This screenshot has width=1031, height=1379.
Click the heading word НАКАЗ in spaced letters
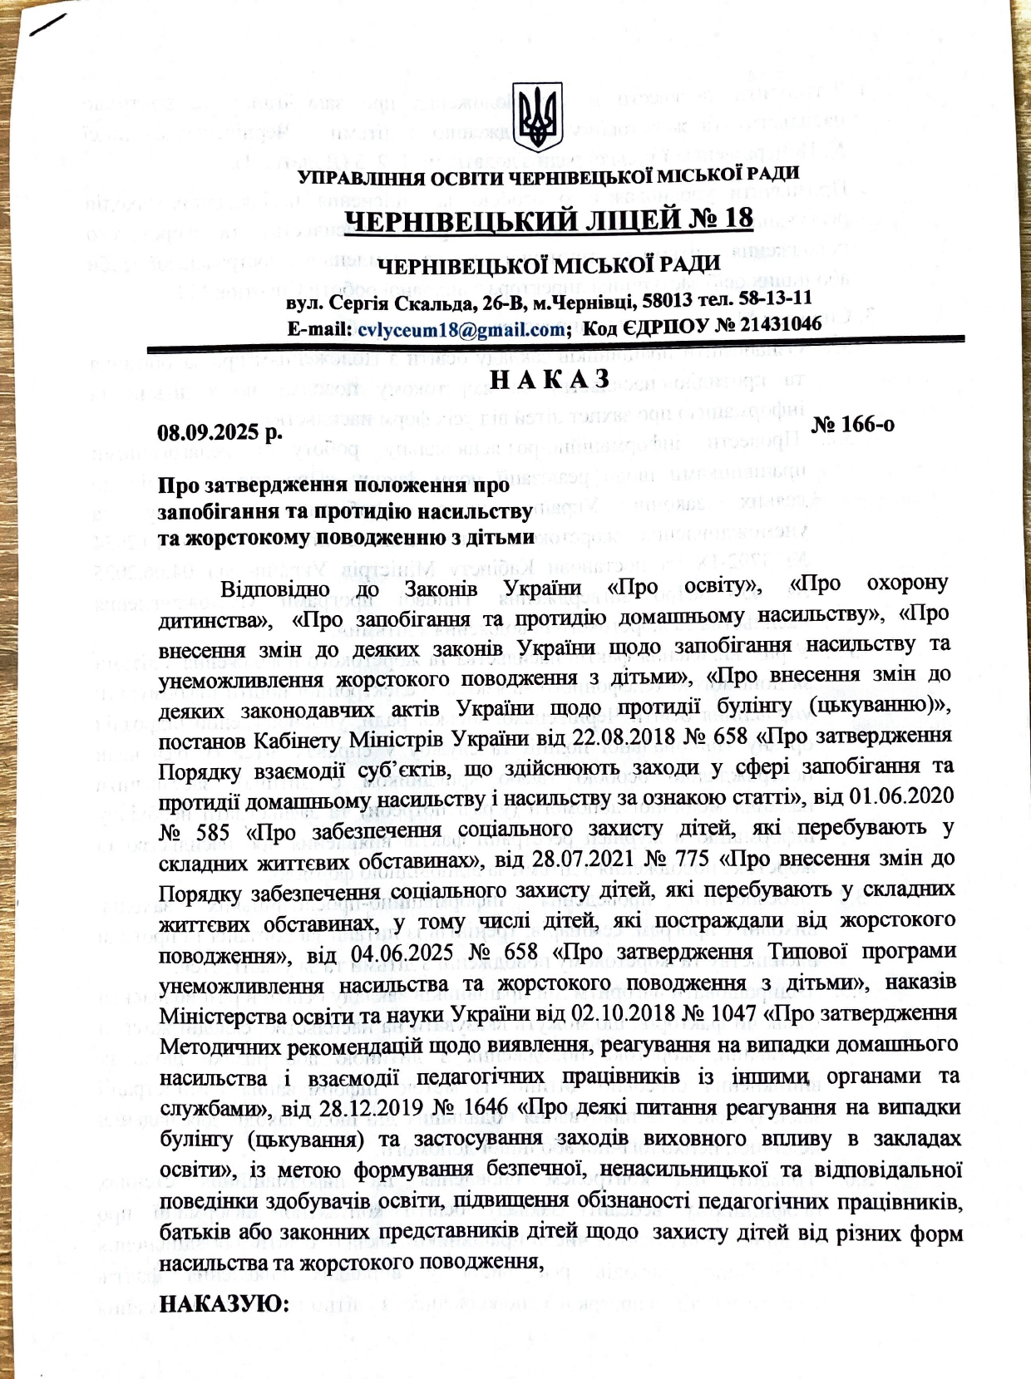[x=550, y=379]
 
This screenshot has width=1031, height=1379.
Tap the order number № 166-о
[x=852, y=424]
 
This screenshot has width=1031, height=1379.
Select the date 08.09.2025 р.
[x=220, y=432]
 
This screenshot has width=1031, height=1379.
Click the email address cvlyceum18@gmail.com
[x=461, y=329]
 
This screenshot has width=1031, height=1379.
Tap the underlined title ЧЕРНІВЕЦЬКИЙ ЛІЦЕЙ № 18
[x=549, y=220]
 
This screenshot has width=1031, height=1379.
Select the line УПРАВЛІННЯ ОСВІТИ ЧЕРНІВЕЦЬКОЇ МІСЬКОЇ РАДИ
[x=549, y=176]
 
